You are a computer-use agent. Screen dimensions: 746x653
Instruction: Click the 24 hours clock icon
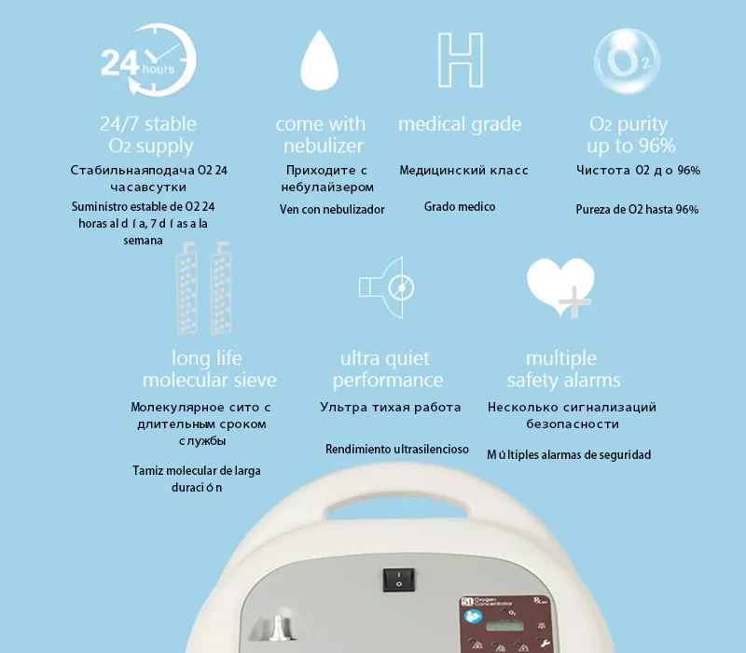(148, 60)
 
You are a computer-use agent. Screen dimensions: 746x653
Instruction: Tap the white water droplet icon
(320, 60)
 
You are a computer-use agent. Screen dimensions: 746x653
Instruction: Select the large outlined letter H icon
(461, 60)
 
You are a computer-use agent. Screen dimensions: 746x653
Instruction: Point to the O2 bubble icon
(627, 61)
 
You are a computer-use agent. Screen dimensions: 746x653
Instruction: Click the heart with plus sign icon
(560, 287)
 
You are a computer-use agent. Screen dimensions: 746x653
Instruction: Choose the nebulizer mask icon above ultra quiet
(386, 287)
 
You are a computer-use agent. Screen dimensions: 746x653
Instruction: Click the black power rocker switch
(399, 579)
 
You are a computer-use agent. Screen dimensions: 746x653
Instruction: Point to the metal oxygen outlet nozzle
(276, 628)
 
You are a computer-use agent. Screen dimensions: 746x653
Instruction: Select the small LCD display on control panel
(504, 624)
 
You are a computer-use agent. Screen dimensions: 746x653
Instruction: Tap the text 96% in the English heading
(657, 146)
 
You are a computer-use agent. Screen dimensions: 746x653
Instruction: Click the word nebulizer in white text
(324, 146)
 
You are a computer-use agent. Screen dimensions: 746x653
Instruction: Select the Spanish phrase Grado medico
(460, 206)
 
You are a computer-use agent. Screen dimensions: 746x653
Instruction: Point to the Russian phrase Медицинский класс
(463, 170)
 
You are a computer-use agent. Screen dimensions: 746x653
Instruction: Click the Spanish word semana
(144, 241)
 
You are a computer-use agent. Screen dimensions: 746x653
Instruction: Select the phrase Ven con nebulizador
(332, 209)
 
